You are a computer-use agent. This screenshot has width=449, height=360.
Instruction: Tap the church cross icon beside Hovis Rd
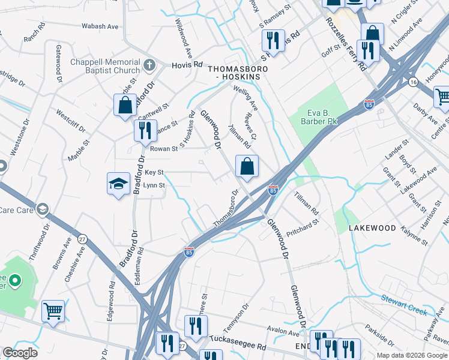[x=149, y=64]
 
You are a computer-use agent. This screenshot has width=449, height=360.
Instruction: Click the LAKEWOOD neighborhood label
[x=373, y=228]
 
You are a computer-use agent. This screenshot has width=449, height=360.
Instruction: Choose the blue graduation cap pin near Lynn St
[x=118, y=184]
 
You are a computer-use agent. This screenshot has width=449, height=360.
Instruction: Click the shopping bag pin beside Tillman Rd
[x=247, y=166]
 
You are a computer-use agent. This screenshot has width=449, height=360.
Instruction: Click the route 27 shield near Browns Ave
[x=82, y=239]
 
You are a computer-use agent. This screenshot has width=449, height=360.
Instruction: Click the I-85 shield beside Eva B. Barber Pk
[x=369, y=105]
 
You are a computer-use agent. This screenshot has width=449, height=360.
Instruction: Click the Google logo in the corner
[x=20, y=353]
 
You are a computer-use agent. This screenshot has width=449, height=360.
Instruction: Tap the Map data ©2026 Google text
[x=412, y=355]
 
